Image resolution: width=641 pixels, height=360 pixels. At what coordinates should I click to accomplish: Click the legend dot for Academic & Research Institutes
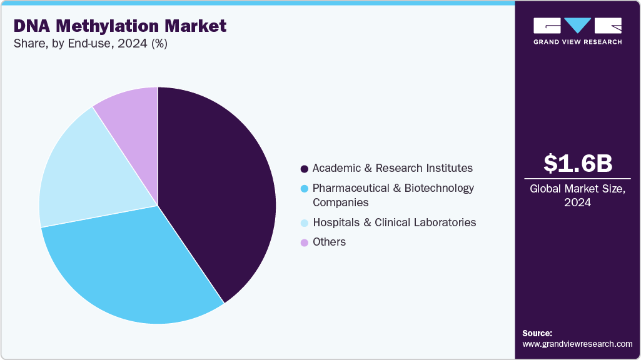(305, 169)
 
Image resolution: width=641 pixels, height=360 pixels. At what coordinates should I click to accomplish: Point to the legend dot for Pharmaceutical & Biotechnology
(305, 188)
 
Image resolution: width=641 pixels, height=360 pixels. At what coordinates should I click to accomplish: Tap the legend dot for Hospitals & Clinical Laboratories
(305, 223)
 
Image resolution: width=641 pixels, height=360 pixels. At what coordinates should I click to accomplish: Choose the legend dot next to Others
(305, 242)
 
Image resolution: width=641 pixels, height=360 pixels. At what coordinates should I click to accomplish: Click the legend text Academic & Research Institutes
(393, 168)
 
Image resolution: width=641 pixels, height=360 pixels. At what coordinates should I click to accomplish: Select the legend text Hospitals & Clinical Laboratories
(394, 222)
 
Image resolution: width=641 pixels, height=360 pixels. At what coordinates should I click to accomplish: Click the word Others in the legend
(329, 242)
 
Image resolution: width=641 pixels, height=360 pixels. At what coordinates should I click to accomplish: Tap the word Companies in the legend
(340, 202)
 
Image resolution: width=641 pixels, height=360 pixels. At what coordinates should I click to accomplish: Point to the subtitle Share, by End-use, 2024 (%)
(91, 44)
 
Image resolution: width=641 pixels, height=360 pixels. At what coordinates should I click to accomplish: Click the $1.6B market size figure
(577, 164)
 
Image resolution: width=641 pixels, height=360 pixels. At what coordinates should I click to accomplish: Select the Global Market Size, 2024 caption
(577, 196)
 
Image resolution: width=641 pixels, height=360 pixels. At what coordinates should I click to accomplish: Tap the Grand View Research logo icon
(577, 26)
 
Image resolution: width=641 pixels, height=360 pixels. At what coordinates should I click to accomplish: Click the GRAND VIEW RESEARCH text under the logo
(577, 42)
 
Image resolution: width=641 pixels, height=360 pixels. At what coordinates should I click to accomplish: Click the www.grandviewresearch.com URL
(577, 344)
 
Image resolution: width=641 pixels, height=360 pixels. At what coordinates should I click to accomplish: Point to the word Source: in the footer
(537, 333)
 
